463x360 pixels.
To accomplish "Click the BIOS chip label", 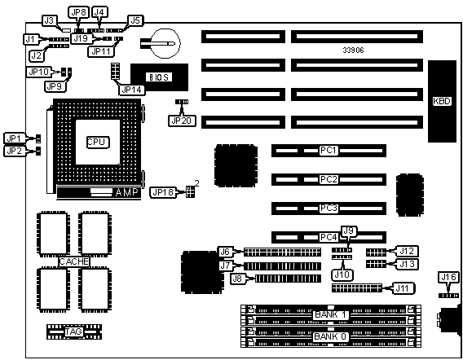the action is pyautogui.click(x=159, y=77).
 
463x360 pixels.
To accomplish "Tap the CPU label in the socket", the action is pyautogui.click(x=98, y=143).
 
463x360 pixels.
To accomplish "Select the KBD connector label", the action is pyautogui.click(x=442, y=101).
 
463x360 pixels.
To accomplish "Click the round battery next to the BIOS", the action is pyautogui.click(x=165, y=43).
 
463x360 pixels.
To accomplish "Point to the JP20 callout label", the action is pyautogui.click(x=182, y=121).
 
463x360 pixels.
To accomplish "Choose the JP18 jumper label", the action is pyautogui.click(x=163, y=192).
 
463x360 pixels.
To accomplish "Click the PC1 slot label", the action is pyautogui.click(x=329, y=150).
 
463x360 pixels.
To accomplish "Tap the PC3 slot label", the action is pyautogui.click(x=329, y=209).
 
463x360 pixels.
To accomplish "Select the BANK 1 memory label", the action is pyautogui.click(x=330, y=314).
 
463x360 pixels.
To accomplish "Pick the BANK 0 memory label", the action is pyautogui.click(x=330, y=336).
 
